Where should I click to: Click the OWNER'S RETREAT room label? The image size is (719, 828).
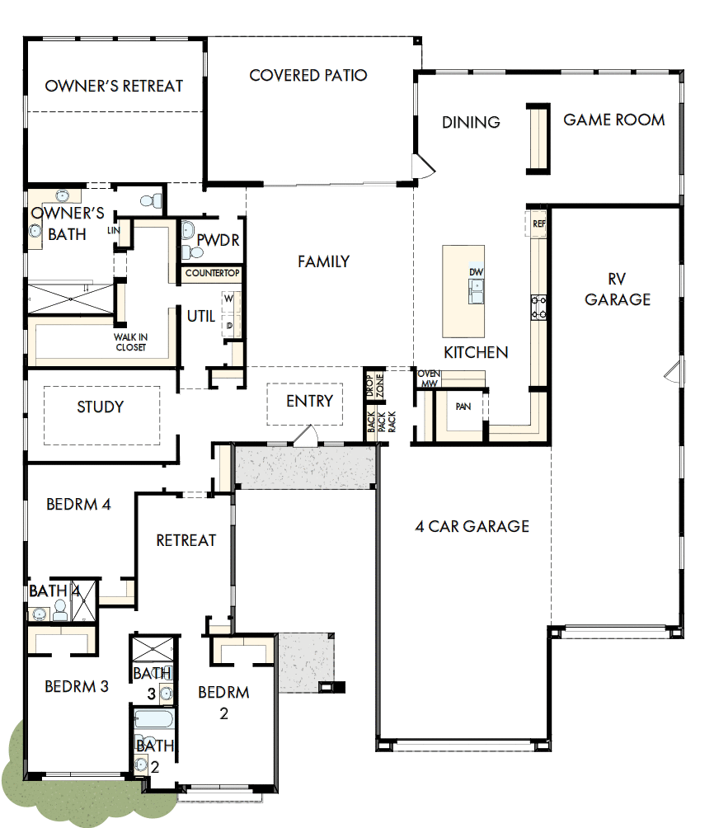[114, 86]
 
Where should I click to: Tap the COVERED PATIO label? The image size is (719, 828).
[308, 76]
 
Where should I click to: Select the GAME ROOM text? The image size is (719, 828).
[614, 120]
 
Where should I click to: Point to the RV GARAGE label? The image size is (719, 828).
[618, 289]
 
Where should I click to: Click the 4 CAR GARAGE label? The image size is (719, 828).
[472, 526]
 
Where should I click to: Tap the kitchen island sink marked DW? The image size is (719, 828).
[476, 286]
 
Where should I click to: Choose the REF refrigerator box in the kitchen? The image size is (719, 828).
[539, 223]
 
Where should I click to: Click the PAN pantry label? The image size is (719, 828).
[463, 406]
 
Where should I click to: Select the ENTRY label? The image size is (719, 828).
[309, 402]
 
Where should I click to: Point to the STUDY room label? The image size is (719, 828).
[101, 407]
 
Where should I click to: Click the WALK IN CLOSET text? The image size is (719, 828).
[130, 342]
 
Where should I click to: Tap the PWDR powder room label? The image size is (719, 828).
[218, 240]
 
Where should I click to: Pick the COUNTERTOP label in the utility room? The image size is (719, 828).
[212, 273]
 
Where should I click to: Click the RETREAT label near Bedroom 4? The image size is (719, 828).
[186, 540]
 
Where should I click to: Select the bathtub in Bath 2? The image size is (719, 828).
[153, 722]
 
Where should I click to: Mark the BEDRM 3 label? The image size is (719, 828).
[77, 686]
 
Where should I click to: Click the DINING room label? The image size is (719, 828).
[471, 122]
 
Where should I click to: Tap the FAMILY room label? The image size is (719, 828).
[323, 261]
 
